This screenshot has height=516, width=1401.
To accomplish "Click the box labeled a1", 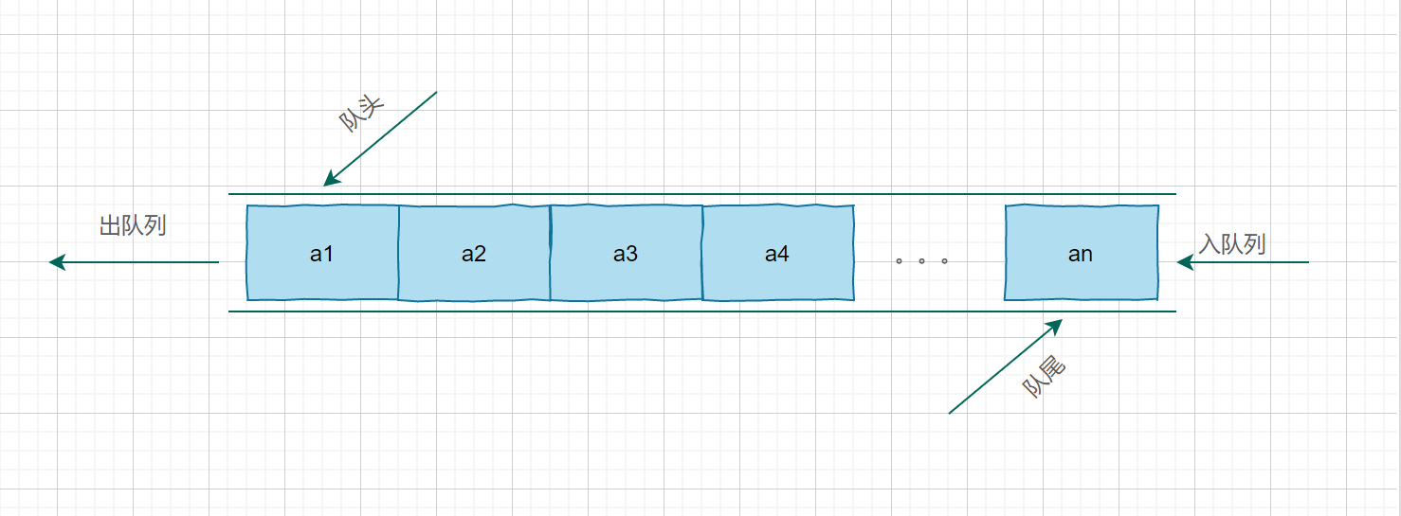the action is coord(322,253).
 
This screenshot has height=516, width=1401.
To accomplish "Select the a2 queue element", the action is coord(474,253).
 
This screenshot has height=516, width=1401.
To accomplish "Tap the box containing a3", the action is coord(626,253).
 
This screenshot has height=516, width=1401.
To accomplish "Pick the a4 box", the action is coord(778,253).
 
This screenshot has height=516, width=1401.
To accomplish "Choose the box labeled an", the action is coord(1082,253).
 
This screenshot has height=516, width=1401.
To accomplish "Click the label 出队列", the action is coord(133,225).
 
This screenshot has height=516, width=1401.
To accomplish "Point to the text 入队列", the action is coord(1232,243).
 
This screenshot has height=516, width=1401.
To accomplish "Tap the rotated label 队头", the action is coord(361,113).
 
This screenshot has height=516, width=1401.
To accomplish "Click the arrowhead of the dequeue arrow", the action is coord(56,261).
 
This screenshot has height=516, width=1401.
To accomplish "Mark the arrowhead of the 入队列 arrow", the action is coord(1185,262).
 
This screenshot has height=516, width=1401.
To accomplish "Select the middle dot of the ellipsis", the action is coord(922,261).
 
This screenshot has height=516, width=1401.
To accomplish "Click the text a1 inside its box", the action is coord(321,254).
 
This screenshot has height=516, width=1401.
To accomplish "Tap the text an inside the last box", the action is coord(1081,255).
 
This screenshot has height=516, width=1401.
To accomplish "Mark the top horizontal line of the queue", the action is coord(702,194).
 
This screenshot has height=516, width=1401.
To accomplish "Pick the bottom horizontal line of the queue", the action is coord(702,311).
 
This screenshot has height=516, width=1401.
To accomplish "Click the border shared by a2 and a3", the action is coord(551,253).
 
